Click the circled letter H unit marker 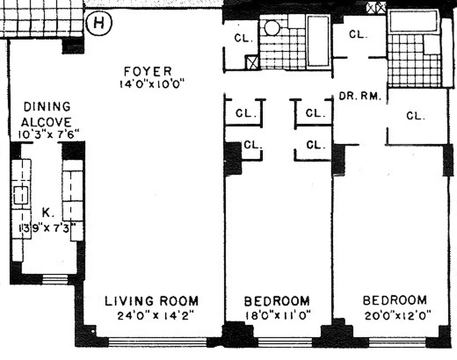click(x=98, y=23)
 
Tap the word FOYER click(x=148, y=71)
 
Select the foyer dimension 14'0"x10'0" click(x=152, y=84)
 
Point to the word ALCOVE click(x=47, y=122)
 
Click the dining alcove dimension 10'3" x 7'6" click(x=49, y=134)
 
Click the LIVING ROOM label click(x=151, y=301)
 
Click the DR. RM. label click(x=361, y=96)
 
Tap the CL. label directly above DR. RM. click(x=359, y=34)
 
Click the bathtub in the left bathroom click(x=318, y=41)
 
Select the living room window click(x=157, y=342)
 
